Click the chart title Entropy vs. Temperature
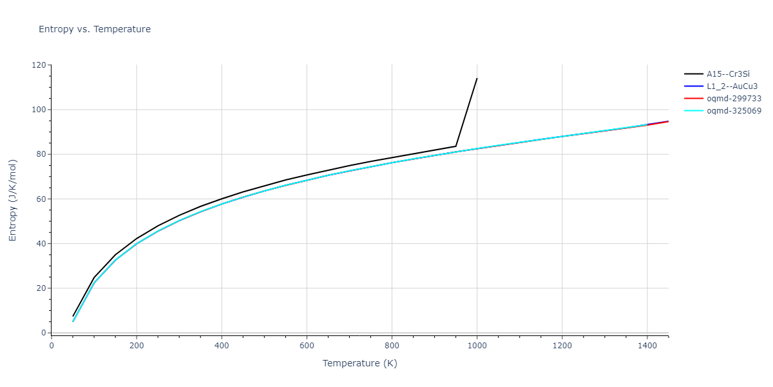point(95,29)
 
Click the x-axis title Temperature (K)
point(359,363)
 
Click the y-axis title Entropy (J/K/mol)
point(13,200)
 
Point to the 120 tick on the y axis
point(39,65)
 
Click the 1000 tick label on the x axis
point(477,345)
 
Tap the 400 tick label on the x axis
point(222,345)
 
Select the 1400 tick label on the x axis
point(647,345)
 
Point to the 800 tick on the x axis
point(392,345)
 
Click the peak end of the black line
point(477,79)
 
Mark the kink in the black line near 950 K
point(455,146)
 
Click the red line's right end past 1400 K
point(668,121)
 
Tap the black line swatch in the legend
point(693,74)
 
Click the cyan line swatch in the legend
point(693,111)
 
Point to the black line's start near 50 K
point(73,316)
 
